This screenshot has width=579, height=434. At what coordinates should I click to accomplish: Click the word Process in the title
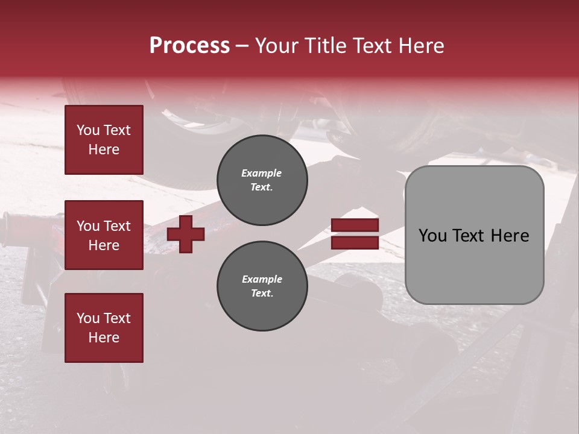coord(189,46)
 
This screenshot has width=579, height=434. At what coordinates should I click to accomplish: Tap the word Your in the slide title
coord(277,46)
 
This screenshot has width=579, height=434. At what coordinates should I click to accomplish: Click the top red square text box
coord(104,140)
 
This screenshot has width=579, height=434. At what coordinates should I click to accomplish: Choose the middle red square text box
coord(104,235)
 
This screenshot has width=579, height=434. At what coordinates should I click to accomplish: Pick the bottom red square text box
coord(104,328)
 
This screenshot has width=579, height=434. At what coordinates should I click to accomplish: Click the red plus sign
coord(186,234)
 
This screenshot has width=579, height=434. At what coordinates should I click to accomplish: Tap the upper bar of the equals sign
coord(355,225)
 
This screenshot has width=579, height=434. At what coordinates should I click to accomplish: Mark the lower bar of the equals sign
coord(355,243)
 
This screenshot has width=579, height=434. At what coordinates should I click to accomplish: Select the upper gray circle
coord(262,180)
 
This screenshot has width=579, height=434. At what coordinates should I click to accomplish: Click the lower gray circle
coord(262,286)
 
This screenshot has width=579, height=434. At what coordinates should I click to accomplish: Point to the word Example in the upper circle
coord(262,173)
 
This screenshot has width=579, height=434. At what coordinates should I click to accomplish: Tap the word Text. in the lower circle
coord(262,294)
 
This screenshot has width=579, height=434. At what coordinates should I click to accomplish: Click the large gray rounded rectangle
coord(474,265)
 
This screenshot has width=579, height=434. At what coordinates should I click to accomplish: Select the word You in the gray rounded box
coord(432,236)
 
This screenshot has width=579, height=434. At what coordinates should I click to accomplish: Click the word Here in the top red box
coord(104,149)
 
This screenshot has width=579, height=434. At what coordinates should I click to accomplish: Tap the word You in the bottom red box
coord(87,318)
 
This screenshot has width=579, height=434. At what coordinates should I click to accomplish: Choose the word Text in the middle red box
coord(116,226)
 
